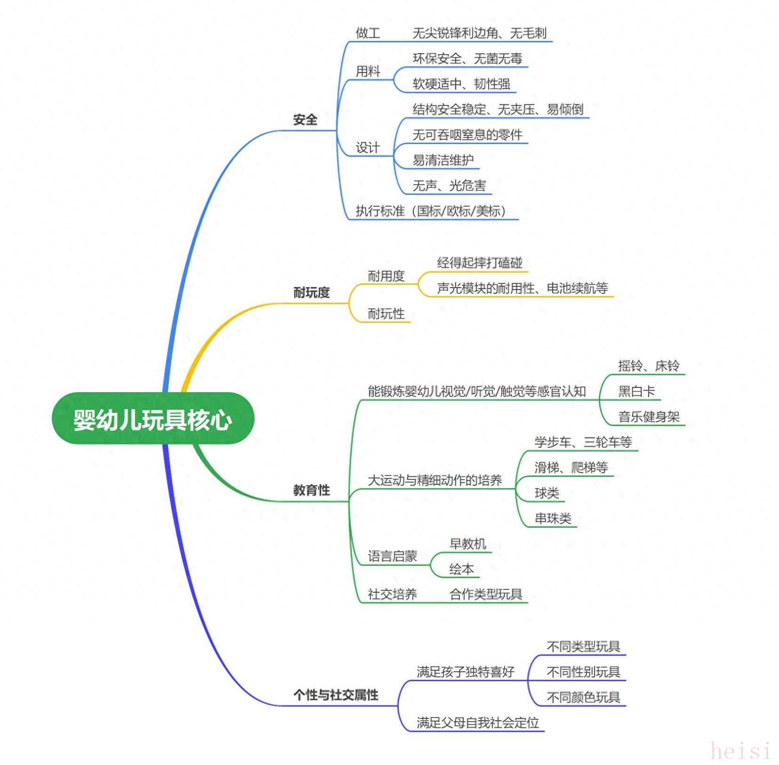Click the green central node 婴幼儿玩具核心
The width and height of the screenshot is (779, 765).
tap(153, 419)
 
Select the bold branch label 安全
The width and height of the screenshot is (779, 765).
tap(305, 120)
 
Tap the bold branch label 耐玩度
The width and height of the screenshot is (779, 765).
tap(311, 292)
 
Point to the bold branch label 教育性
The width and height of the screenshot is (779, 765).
tap(311, 490)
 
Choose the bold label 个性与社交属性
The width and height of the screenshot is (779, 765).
tap(336, 695)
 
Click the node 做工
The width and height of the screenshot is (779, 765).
tap(368, 33)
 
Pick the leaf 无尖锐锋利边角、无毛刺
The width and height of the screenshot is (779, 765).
tap(479, 33)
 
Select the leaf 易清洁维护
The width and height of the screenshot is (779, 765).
tap(443, 160)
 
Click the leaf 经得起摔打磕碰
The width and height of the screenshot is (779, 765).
tap(480, 263)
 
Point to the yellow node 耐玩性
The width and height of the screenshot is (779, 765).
tap(386, 314)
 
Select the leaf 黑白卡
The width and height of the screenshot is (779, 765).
tap(636, 391)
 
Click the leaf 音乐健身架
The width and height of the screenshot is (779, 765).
tap(649, 417)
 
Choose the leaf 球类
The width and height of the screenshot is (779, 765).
tap(546, 493)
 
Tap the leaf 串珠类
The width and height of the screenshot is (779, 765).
tap(553, 518)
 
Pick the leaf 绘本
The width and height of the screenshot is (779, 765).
tap(461, 569)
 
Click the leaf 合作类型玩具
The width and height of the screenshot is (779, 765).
tap(486, 594)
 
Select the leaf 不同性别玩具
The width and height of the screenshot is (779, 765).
tap(583, 672)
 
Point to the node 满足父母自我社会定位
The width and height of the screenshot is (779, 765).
tap(477, 723)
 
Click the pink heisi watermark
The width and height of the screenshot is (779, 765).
tap(740, 750)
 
